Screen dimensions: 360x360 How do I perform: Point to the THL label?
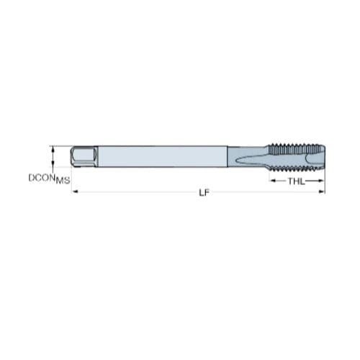click(296, 181)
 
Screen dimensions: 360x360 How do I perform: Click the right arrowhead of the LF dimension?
click(322, 192)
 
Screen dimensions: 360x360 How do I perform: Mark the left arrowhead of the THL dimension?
click(272, 181)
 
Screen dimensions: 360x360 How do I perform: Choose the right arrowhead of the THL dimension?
click(322, 181)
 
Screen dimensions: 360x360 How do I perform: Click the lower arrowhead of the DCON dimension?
click(52, 165)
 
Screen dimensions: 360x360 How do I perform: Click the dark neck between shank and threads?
click(234, 156)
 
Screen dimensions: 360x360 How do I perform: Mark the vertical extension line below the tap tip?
click(325, 180)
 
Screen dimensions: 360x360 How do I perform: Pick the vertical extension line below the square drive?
click(73, 180)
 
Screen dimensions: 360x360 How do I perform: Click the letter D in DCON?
click(31, 176)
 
